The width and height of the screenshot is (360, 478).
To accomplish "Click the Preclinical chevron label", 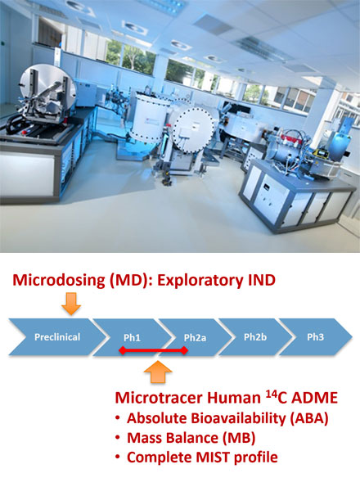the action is point(57,337).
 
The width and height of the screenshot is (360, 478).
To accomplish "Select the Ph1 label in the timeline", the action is point(132,338).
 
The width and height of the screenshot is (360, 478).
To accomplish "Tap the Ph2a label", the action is point(195,338).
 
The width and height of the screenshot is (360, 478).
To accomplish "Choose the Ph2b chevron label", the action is point(255,337).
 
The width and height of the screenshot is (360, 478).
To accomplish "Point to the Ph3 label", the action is point(315,337).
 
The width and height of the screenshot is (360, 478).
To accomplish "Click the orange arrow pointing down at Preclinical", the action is point(71,304).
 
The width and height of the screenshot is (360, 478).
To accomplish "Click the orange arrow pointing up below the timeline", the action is point(158,372).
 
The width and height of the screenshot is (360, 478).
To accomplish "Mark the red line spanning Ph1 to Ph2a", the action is point(153,350).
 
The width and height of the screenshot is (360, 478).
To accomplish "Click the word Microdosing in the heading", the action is point(59,280).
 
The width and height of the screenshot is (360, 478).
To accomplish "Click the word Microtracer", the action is point(159,398).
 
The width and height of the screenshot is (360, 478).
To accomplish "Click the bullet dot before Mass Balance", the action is point(117,438).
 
